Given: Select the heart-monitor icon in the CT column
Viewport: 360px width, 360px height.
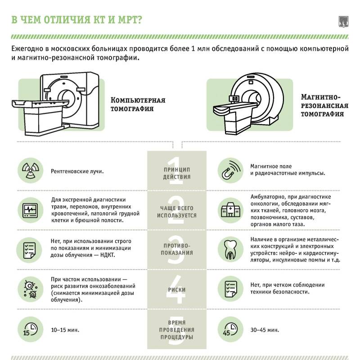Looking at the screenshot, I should [x=29, y=210].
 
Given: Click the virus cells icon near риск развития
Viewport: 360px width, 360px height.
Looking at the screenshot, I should [x=29, y=288].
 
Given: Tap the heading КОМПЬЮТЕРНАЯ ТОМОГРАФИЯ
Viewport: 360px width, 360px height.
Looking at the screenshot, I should [x=138, y=104].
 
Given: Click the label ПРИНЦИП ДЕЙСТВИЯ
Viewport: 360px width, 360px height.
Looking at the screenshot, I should [x=177, y=173].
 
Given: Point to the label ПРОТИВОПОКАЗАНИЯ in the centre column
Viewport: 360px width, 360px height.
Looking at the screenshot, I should [x=177, y=249].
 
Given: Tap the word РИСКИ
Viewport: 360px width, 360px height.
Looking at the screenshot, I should [x=177, y=290].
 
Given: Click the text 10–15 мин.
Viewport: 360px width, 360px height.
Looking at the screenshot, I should [x=65, y=330].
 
